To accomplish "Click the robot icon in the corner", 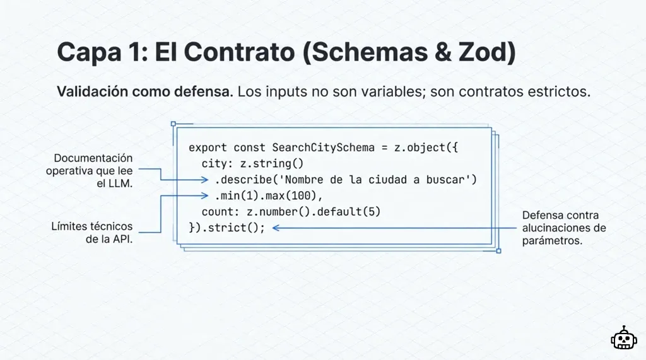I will click(x=624, y=338).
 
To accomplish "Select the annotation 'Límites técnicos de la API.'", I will click(x=92, y=233).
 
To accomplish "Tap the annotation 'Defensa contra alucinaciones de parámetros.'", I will click(x=563, y=228).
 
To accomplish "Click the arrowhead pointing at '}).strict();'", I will click(x=275, y=228).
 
